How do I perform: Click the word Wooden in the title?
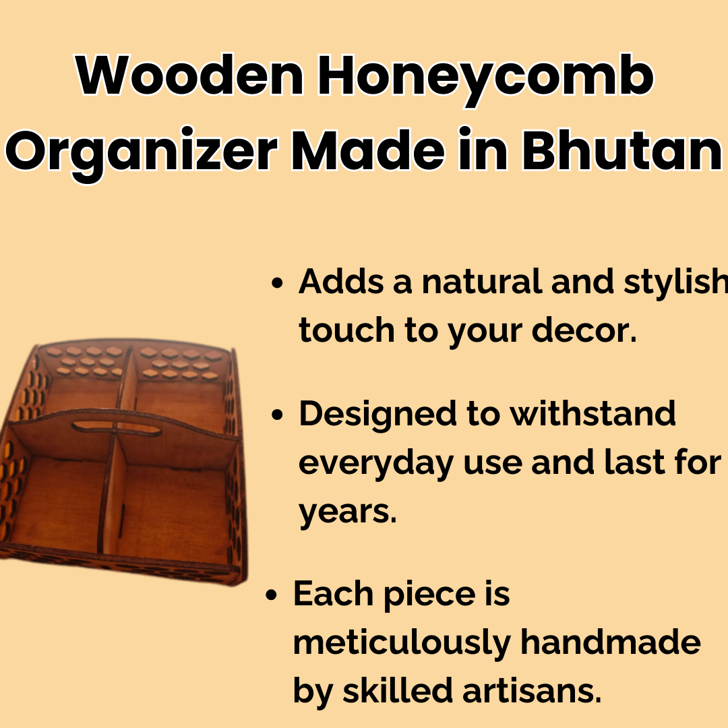pos(189,75)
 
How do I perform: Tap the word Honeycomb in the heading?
pos(485,80)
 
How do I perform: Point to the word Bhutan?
pos(621,150)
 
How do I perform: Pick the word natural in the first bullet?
pos(482,281)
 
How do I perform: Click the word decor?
pos(584,330)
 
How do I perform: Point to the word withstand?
pos(593,413)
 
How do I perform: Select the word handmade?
pos(611,642)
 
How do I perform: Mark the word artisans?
pos(532,690)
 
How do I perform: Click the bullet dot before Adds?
pos(277,282)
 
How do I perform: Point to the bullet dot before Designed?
pos(277,415)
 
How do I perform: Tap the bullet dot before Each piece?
pos(271,595)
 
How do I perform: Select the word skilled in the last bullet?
pos(398,690)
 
